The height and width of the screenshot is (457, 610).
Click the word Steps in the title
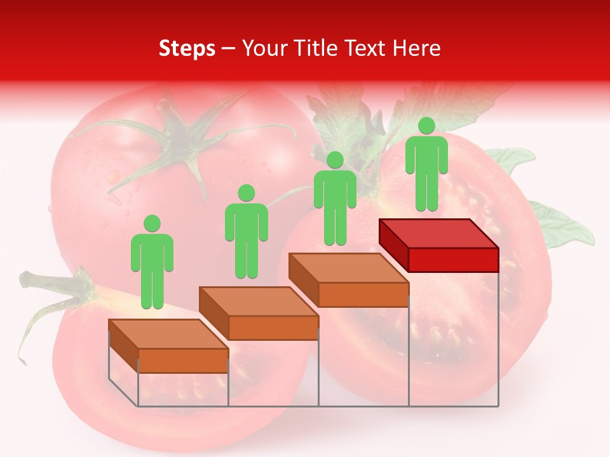tap(187, 48)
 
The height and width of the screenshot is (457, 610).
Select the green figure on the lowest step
tap(152, 263)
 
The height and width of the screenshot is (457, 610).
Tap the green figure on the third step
tap(335, 200)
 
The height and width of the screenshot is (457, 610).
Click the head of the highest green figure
tap(426, 126)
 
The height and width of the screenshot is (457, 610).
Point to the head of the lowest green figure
tap(152, 223)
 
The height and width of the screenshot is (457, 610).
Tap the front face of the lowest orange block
tap(183, 361)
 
